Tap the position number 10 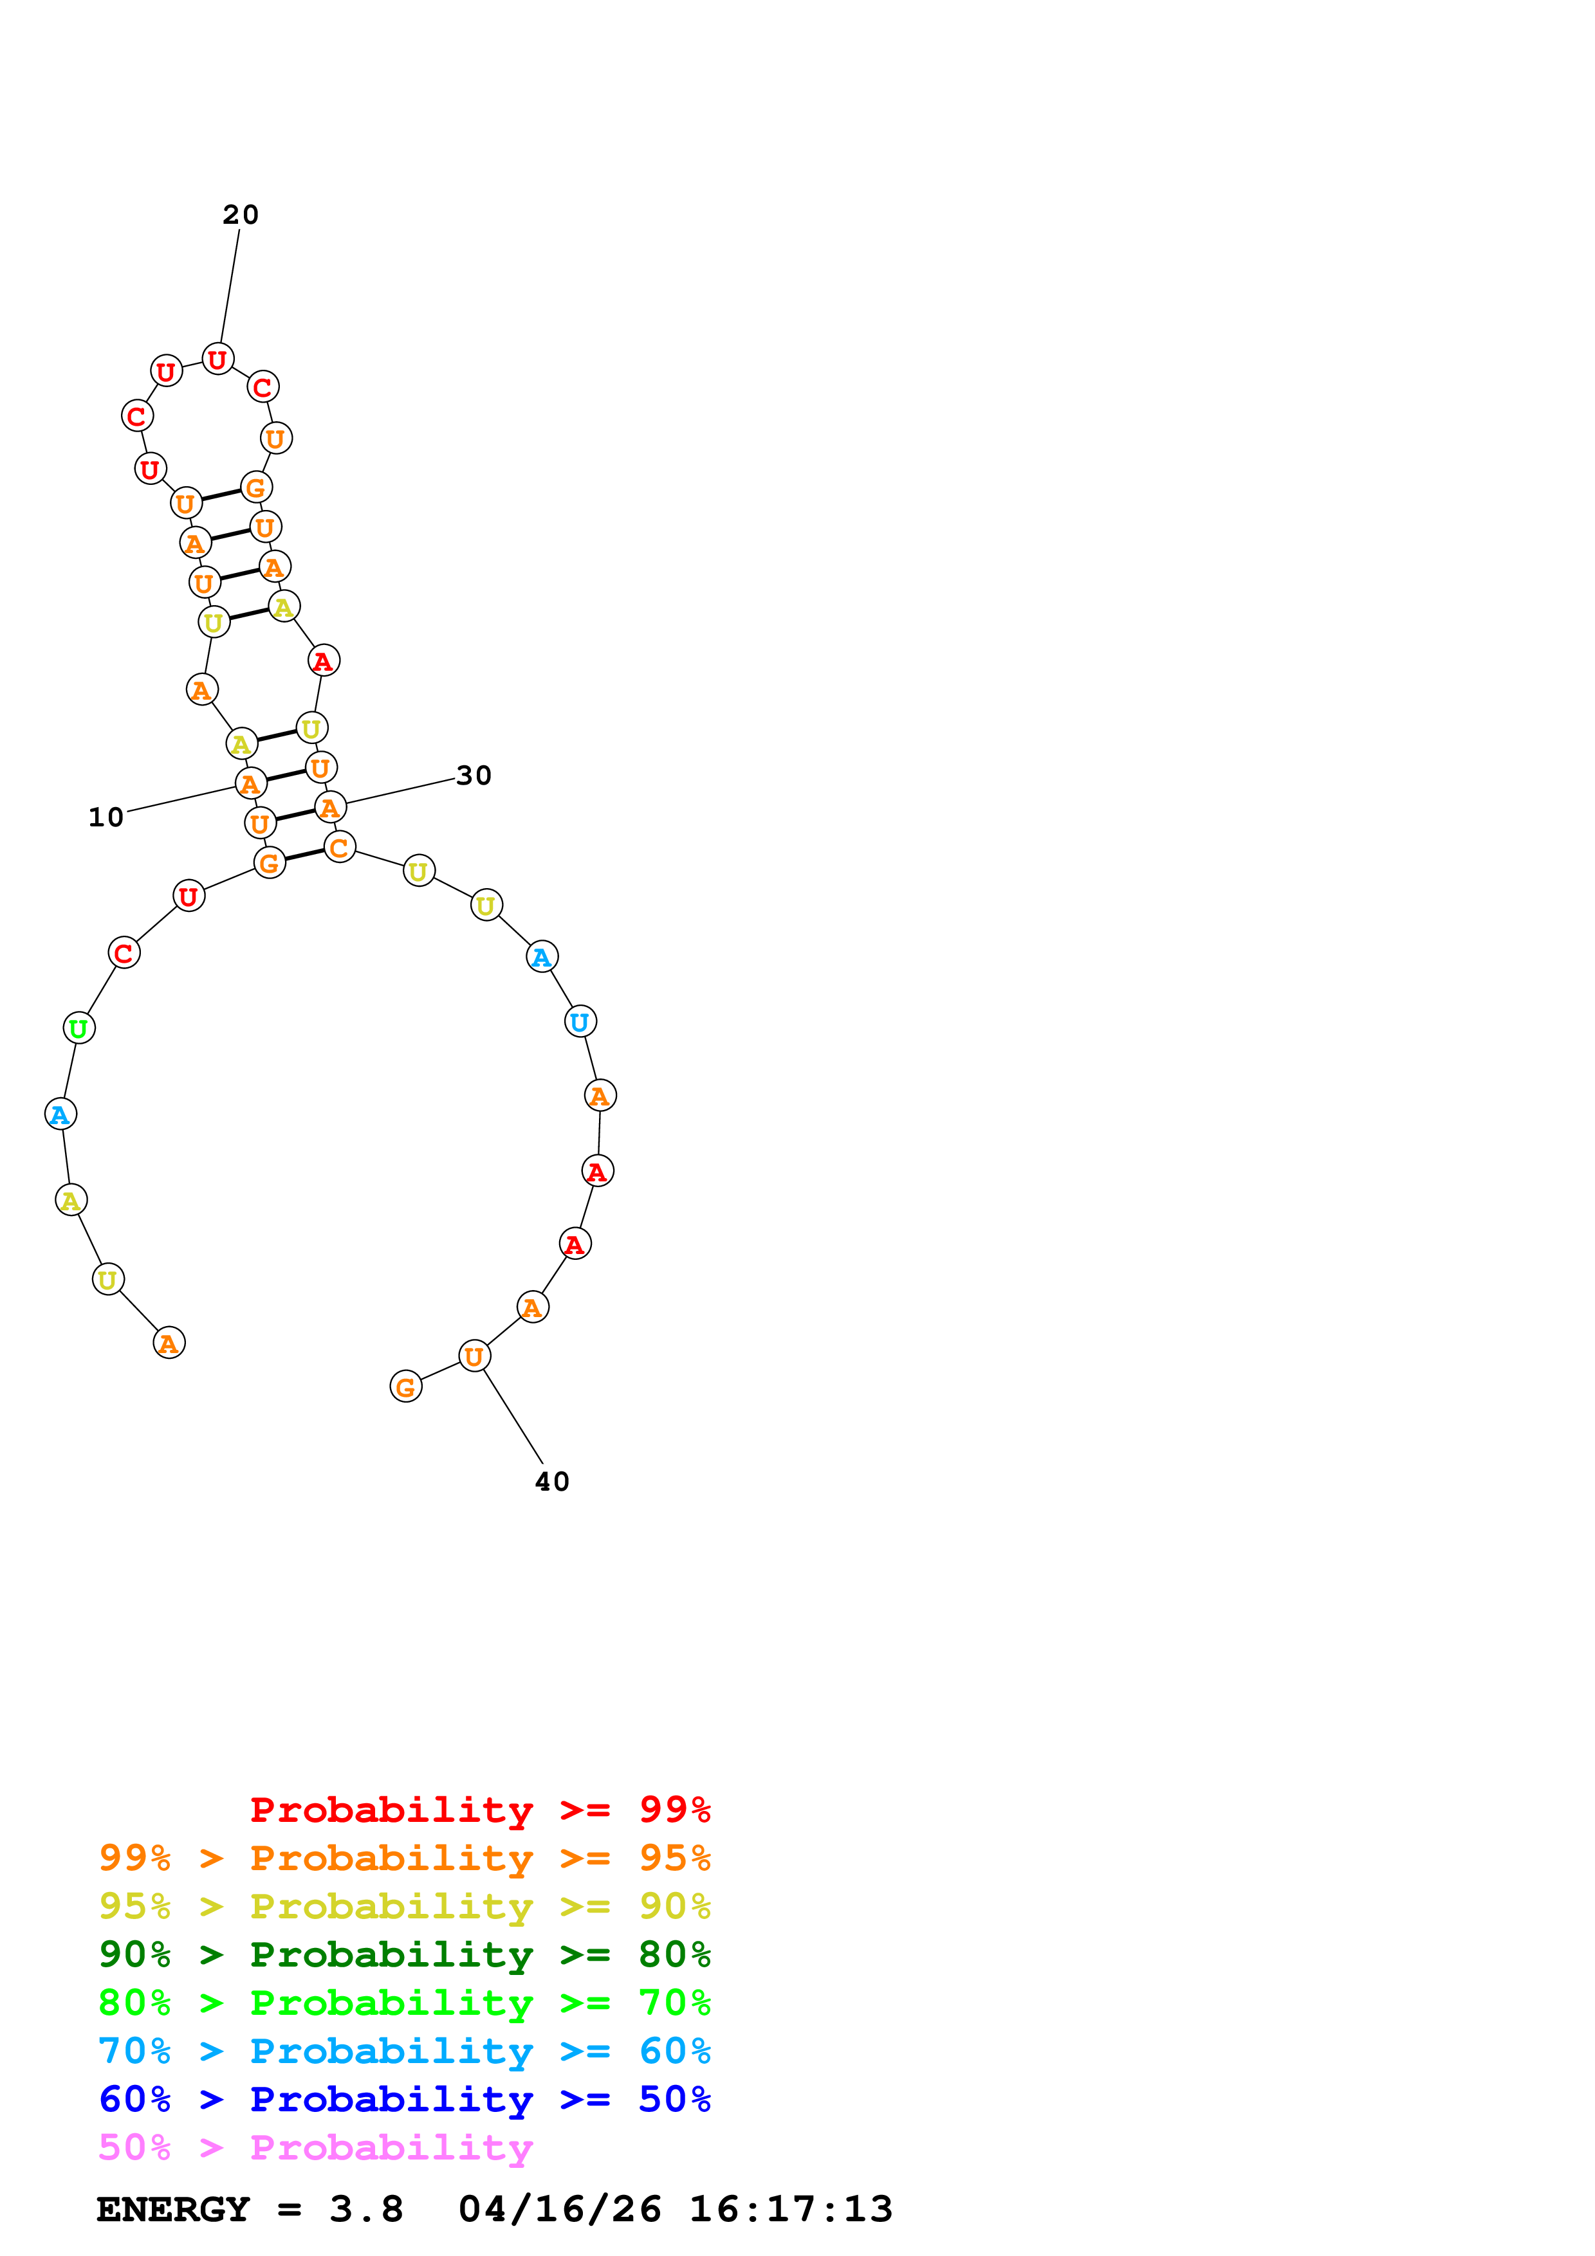pyautogui.click(x=106, y=817)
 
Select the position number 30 pyautogui.click(x=474, y=776)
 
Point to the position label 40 pyautogui.click(x=551, y=1482)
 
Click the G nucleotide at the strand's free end pyautogui.click(x=406, y=1387)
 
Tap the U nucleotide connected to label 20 pyautogui.click(x=217, y=359)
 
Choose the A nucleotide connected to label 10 pyautogui.click(x=250, y=783)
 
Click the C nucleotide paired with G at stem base pyautogui.click(x=339, y=847)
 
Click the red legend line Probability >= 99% pyautogui.click(x=479, y=1810)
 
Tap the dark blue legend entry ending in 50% pyautogui.click(x=404, y=2100)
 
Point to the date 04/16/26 pyautogui.click(x=559, y=2210)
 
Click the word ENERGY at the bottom pyautogui.click(x=173, y=2210)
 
